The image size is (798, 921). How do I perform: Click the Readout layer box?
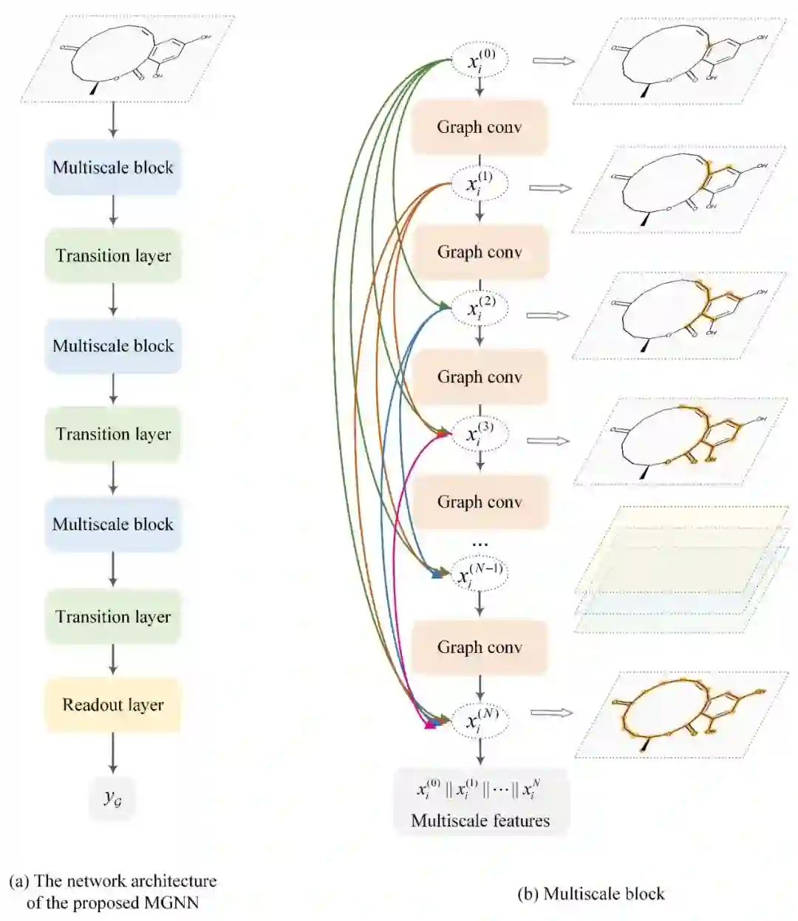(113, 705)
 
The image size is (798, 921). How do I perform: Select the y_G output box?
(112, 798)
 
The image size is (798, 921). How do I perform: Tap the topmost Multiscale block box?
(113, 168)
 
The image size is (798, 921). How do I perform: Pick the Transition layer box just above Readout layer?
(113, 617)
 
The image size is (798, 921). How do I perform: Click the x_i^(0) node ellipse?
(480, 61)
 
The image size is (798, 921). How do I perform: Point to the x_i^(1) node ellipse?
(480, 185)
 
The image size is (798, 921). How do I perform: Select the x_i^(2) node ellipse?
(480, 308)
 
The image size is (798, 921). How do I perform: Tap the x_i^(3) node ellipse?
(480, 434)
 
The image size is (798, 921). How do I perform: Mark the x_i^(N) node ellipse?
(480, 719)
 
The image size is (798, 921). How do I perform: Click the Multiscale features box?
(481, 802)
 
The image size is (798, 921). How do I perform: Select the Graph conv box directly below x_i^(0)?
(480, 127)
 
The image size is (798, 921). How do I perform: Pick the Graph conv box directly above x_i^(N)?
(480, 647)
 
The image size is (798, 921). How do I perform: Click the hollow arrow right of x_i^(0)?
(553, 61)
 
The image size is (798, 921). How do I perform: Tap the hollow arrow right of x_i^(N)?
(552, 713)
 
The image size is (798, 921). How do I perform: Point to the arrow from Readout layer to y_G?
(113, 753)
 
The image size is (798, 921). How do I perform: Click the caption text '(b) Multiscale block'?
(591, 894)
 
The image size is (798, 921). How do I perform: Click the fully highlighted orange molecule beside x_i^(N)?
(683, 714)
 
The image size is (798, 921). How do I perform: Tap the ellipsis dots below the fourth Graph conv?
(480, 544)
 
